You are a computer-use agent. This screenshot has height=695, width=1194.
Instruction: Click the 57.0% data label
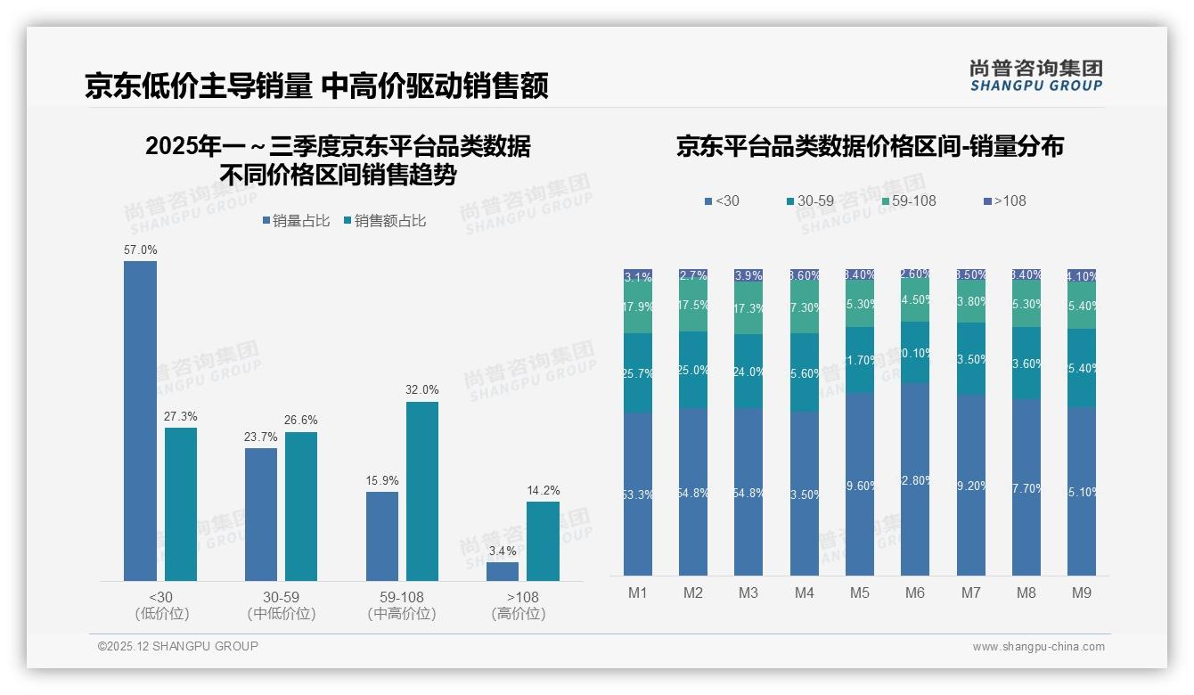click(x=140, y=250)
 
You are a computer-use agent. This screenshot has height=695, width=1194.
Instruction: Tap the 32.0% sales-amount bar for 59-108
click(x=422, y=491)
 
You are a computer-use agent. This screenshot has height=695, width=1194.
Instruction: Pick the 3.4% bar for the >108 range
click(x=503, y=571)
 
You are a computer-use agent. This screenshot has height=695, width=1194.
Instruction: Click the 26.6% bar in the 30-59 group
click(x=301, y=506)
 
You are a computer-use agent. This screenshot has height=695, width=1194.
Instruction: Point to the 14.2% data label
click(x=543, y=491)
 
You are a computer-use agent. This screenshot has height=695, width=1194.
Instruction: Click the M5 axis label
click(x=860, y=593)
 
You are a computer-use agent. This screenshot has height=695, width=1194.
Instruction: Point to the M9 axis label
click(x=1082, y=593)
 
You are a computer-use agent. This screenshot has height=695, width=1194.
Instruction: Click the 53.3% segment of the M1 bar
click(x=638, y=494)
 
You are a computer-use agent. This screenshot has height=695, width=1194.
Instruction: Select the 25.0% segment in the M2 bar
click(x=693, y=370)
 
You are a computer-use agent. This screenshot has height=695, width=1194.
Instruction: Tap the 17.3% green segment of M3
click(x=748, y=309)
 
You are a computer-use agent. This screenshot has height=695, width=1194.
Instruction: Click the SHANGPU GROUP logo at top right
click(x=1035, y=76)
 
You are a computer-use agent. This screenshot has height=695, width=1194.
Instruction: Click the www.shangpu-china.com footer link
click(x=1038, y=647)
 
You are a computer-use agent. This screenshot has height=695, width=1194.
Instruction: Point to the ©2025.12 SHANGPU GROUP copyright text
click(x=178, y=646)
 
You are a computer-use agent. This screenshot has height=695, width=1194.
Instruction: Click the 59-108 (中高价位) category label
click(x=401, y=605)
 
